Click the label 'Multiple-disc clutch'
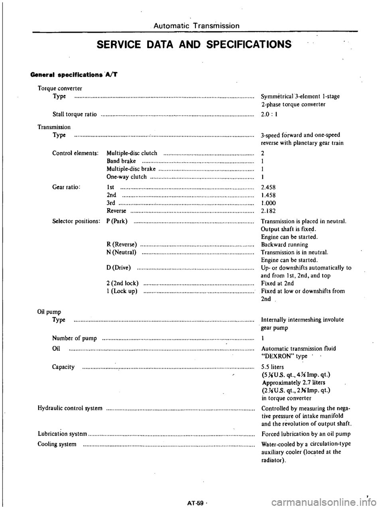click(133, 152)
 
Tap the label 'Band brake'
click(122, 161)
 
